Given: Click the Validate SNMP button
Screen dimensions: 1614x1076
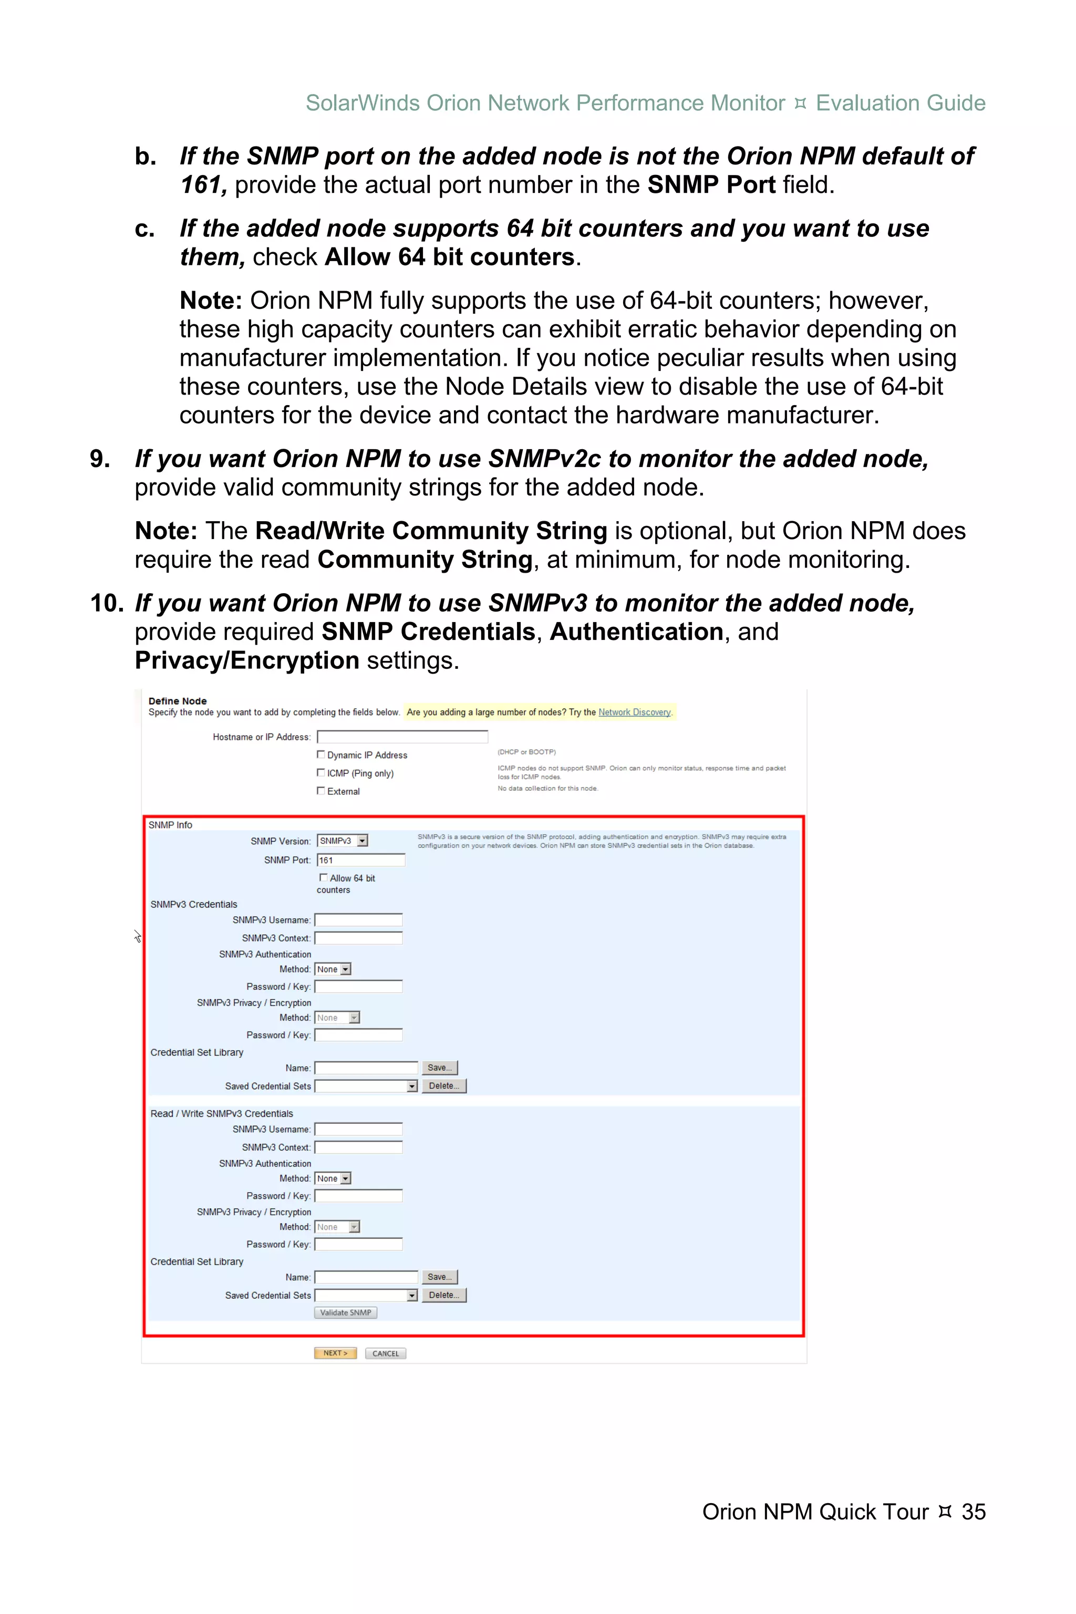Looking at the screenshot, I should pos(345,1313).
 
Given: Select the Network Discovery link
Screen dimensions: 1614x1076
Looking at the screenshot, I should pos(634,712).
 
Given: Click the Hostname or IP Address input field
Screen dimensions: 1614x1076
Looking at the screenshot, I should pos(402,737).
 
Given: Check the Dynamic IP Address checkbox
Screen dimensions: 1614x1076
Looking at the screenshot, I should pos(320,755).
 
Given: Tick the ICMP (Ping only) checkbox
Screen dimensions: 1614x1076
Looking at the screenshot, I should pos(320,773).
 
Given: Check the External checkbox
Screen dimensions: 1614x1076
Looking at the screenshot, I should pos(320,791).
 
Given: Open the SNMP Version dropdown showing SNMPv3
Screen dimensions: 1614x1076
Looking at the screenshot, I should pos(343,841).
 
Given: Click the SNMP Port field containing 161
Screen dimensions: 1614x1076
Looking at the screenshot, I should pos(361,861).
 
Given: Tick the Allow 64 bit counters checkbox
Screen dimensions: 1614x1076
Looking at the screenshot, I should pos(323,878).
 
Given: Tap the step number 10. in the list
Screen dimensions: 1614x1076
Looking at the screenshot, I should pos(106,603).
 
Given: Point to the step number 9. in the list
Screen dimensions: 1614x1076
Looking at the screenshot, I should pos(100,459).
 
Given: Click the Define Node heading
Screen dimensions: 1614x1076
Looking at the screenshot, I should pos(177,701).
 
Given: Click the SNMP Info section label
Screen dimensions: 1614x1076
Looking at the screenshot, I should pos(170,825).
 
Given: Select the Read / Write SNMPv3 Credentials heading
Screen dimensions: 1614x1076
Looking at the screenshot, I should pos(222,1114).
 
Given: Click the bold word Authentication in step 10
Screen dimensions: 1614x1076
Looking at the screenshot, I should pos(636,632).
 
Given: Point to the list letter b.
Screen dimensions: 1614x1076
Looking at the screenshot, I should pos(146,157).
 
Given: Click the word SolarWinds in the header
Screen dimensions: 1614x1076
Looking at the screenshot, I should pos(363,103).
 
